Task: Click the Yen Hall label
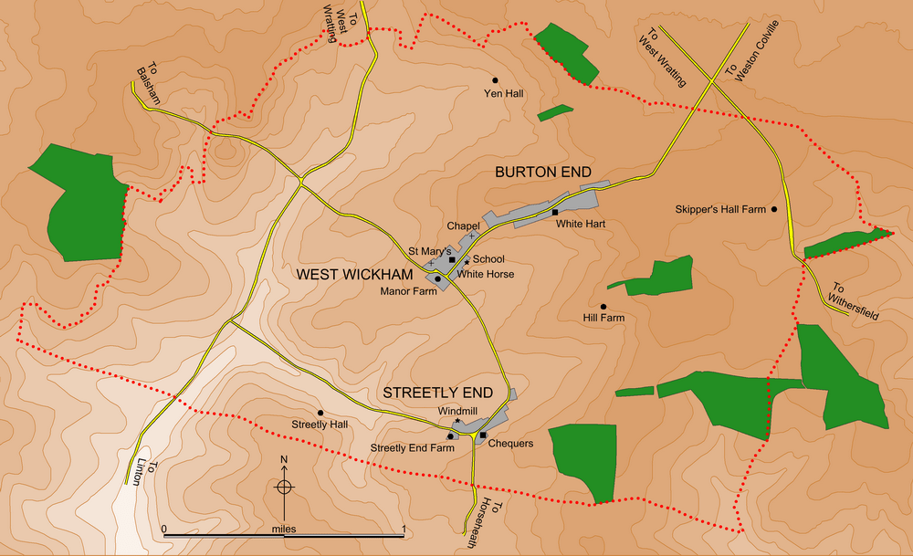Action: pyautogui.click(x=503, y=93)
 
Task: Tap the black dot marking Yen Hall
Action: pyautogui.click(x=496, y=79)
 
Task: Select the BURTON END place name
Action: pyautogui.click(x=543, y=172)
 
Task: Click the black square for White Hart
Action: pyautogui.click(x=555, y=213)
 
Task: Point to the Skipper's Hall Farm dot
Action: pyautogui.click(x=775, y=209)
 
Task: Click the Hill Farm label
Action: pyautogui.click(x=603, y=319)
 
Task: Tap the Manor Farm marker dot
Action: pyautogui.click(x=437, y=278)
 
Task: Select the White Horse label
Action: pyautogui.click(x=485, y=274)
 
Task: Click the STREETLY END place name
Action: pyautogui.click(x=437, y=393)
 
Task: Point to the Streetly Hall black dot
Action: pyautogui.click(x=320, y=413)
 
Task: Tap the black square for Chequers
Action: pyautogui.click(x=482, y=435)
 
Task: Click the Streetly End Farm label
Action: pyautogui.click(x=412, y=448)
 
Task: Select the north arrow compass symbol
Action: pyautogui.click(x=284, y=485)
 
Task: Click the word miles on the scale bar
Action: pyautogui.click(x=284, y=529)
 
